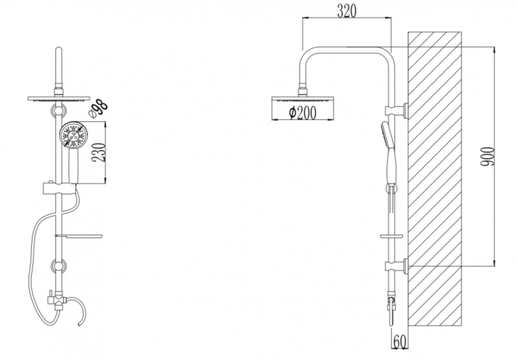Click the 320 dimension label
(347, 11)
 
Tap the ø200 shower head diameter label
(303, 113)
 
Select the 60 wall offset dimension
(400, 342)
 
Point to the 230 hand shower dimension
(99, 152)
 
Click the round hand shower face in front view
(73, 135)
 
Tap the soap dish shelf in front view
(78, 236)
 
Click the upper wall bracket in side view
(397, 110)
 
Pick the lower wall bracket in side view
(397, 266)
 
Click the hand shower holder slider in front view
(59, 188)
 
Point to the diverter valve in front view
(57, 299)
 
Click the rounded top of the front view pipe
(59, 50)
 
